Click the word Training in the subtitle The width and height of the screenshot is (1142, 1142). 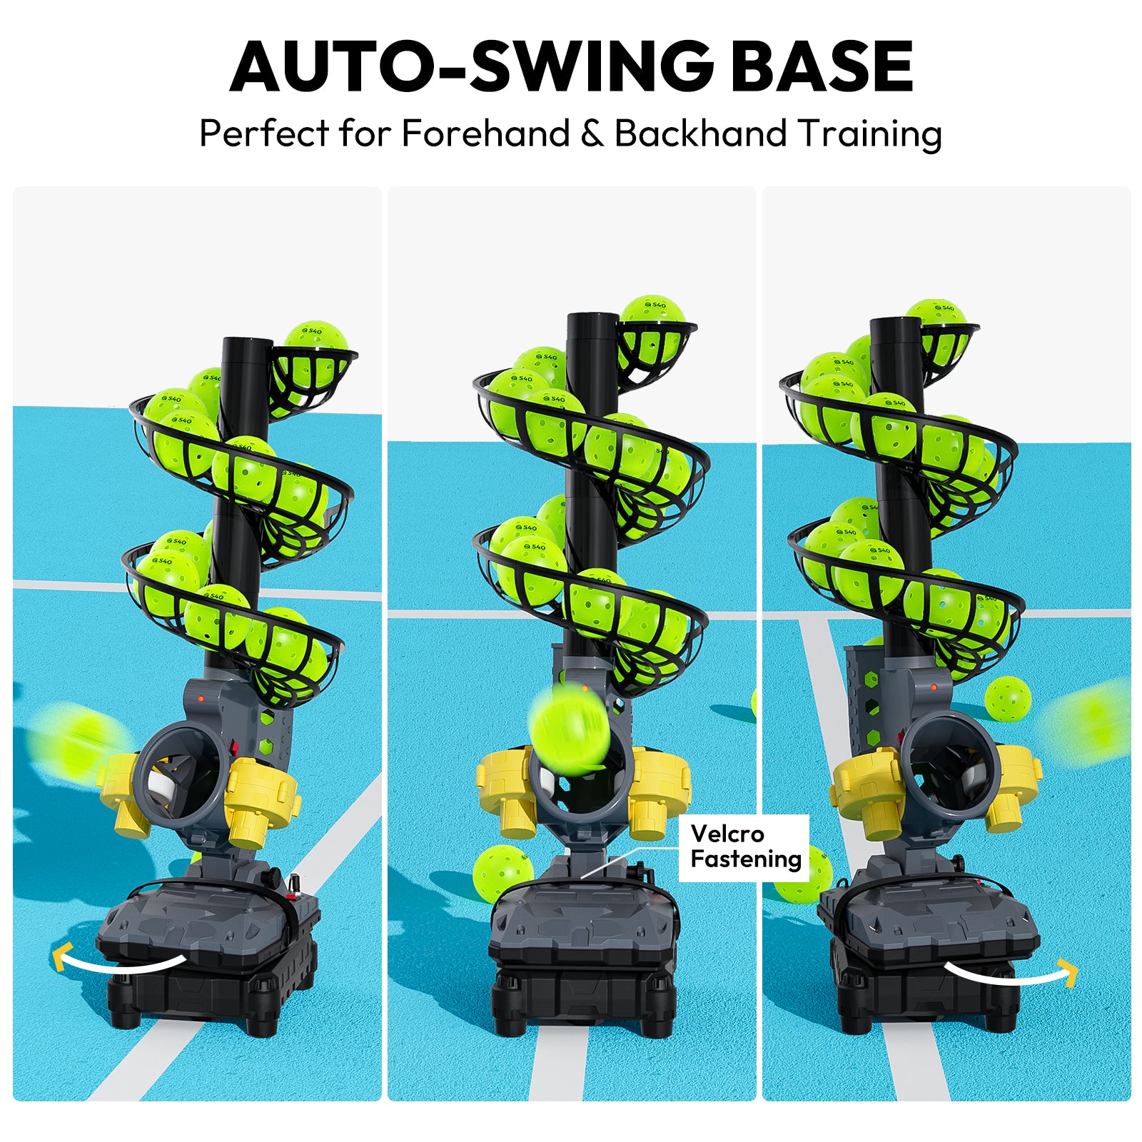[x=870, y=133]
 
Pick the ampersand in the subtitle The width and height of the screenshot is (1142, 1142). [x=592, y=133]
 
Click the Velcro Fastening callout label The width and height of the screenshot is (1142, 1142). [x=744, y=847]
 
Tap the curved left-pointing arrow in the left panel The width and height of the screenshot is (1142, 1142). [x=118, y=964]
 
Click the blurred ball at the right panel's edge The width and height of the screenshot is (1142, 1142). [x=1090, y=722]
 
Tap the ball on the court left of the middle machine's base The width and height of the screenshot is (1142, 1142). [x=502, y=874]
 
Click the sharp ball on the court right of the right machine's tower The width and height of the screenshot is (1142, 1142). [x=1007, y=699]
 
